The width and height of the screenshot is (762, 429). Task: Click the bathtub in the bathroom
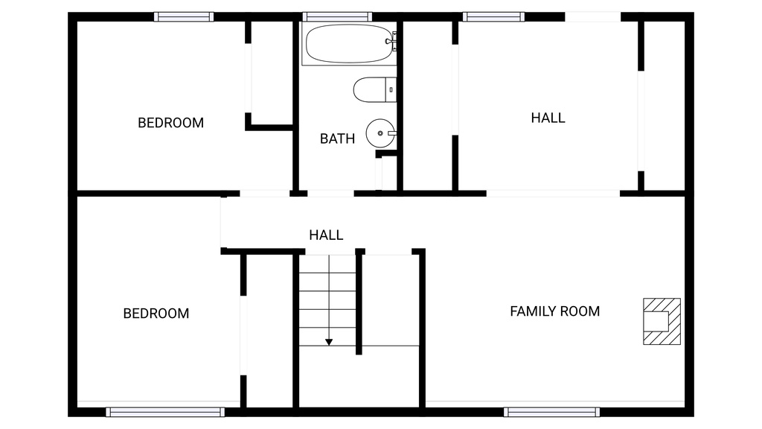(x=348, y=44)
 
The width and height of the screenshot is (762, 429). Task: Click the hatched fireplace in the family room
(x=662, y=321)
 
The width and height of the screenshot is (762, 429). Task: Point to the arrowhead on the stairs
(x=329, y=342)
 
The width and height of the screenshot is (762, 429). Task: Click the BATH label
(x=337, y=139)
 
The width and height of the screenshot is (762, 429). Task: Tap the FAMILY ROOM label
(x=554, y=311)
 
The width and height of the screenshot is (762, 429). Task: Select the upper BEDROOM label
(x=170, y=123)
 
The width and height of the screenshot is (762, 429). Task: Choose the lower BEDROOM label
(x=156, y=314)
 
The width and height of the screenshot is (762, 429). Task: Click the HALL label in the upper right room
(x=548, y=118)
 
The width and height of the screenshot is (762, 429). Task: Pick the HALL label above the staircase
(x=326, y=235)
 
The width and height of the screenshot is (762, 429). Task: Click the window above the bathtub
(x=337, y=16)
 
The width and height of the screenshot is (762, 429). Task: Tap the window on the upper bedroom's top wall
(x=184, y=16)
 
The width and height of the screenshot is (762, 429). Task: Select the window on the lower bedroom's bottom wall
(x=165, y=412)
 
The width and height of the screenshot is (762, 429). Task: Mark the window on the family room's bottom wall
(x=551, y=412)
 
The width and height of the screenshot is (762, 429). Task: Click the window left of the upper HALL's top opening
(x=493, y=16)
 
